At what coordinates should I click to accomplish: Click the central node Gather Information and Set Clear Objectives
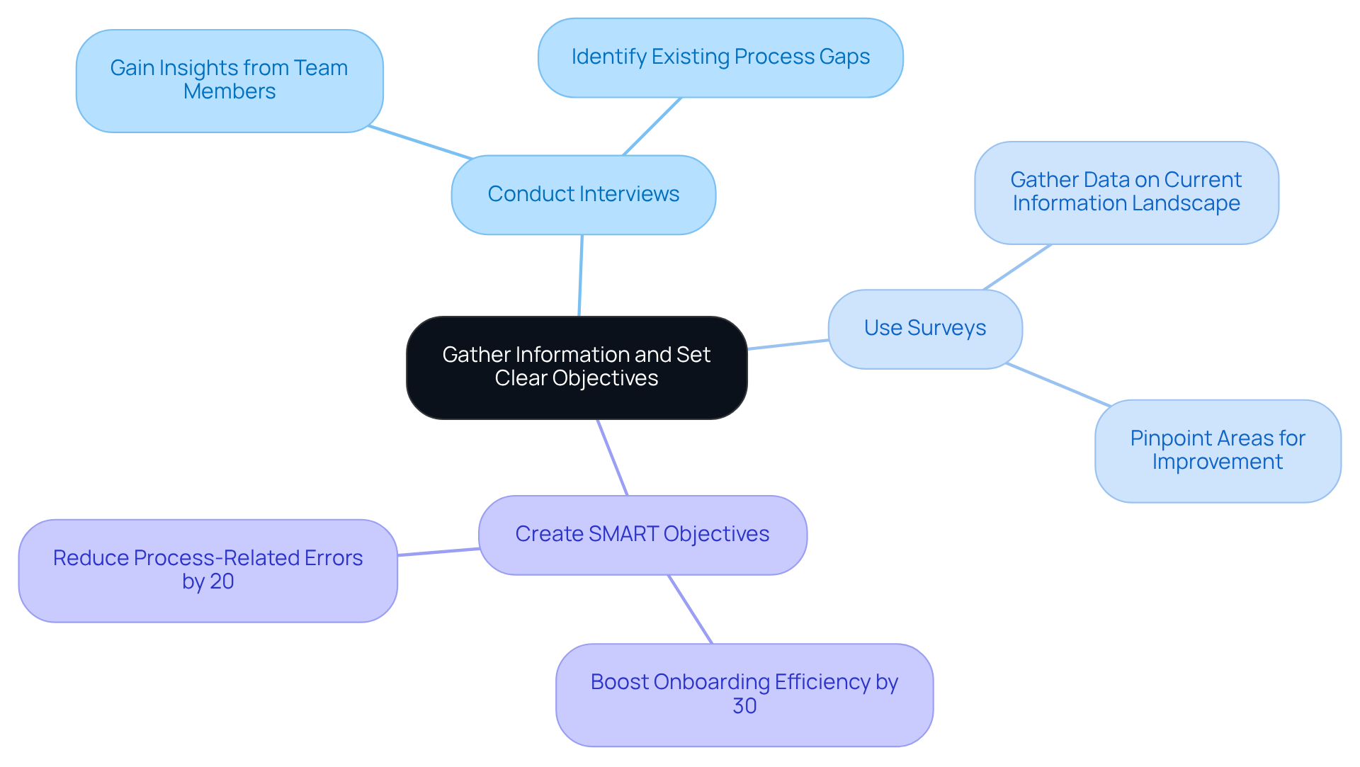(x=577, y=367)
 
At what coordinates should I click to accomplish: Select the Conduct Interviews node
(x=583, y=195)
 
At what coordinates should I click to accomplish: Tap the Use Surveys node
(x=924, y=329)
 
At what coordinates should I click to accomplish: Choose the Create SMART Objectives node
(x=642, y=535)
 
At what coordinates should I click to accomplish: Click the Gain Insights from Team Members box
(x=229, y=80)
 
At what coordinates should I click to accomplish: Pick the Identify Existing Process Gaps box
(x=720, y=57)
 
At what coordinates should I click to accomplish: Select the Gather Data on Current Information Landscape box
(x=1126, y=192)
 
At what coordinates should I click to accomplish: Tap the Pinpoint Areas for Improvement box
(x=1217, y=450)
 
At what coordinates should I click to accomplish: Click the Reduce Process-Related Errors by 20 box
(x=208, y=570)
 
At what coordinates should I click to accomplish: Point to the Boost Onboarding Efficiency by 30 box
(x=744, y=694)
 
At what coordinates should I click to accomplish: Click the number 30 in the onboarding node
(x=744, y=706)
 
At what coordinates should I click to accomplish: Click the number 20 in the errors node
(x=222, y=581)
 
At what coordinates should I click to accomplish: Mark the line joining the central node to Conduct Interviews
(x=581, y=275)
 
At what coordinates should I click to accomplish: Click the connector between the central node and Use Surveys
(x=788, y=344)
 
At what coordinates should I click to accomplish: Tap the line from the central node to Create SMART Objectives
(x=613, y=458)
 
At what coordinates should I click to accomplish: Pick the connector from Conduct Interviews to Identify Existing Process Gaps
(x=652, y=126)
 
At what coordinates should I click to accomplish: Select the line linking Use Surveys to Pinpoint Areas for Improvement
(x=1058, y=385)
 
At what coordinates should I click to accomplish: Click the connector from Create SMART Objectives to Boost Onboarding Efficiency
(x=690, y=609)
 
